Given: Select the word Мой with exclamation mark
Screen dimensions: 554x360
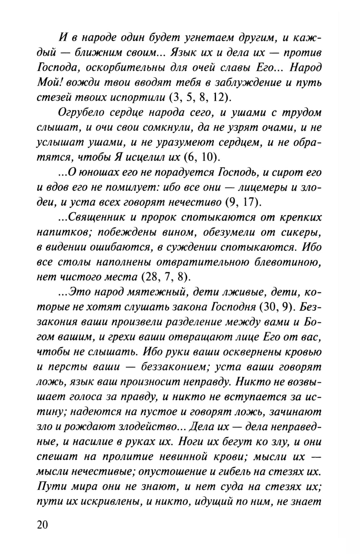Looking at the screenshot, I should click(48, 82).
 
